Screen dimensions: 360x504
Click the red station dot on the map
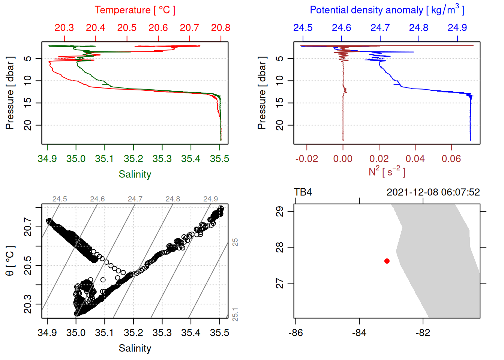[x=387, y=261]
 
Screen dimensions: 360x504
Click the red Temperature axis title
[x=135, y=10]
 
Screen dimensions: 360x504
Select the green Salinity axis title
[x=135, y=174]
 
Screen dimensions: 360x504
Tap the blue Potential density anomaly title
[x=387, y=10]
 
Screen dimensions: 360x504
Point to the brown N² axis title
[x=387, y=171]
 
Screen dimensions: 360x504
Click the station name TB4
[x=303, y=192]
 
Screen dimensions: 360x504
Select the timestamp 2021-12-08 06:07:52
[x=433, y=192]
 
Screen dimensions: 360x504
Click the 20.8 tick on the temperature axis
[x=220, y=28]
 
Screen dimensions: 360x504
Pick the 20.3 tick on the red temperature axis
[x=64, y=28]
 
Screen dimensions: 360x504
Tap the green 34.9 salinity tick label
[x=47, y=159]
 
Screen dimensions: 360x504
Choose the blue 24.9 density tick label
[x=457, y=28]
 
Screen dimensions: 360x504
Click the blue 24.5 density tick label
[x=303, y=28]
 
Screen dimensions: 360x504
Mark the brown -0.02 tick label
[x=307, y=159]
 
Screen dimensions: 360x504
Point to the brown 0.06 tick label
[x=451, y=159]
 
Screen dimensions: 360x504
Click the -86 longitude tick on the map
[x=295, y=333]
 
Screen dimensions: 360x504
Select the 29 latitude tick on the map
[x=280, y=211]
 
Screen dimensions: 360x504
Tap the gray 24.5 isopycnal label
[x=60, y=199]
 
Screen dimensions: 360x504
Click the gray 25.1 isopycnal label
[x=235, y=314]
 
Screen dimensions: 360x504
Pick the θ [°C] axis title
[x=10, y=261]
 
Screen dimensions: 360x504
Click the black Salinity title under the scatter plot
[x=135, y=348]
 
